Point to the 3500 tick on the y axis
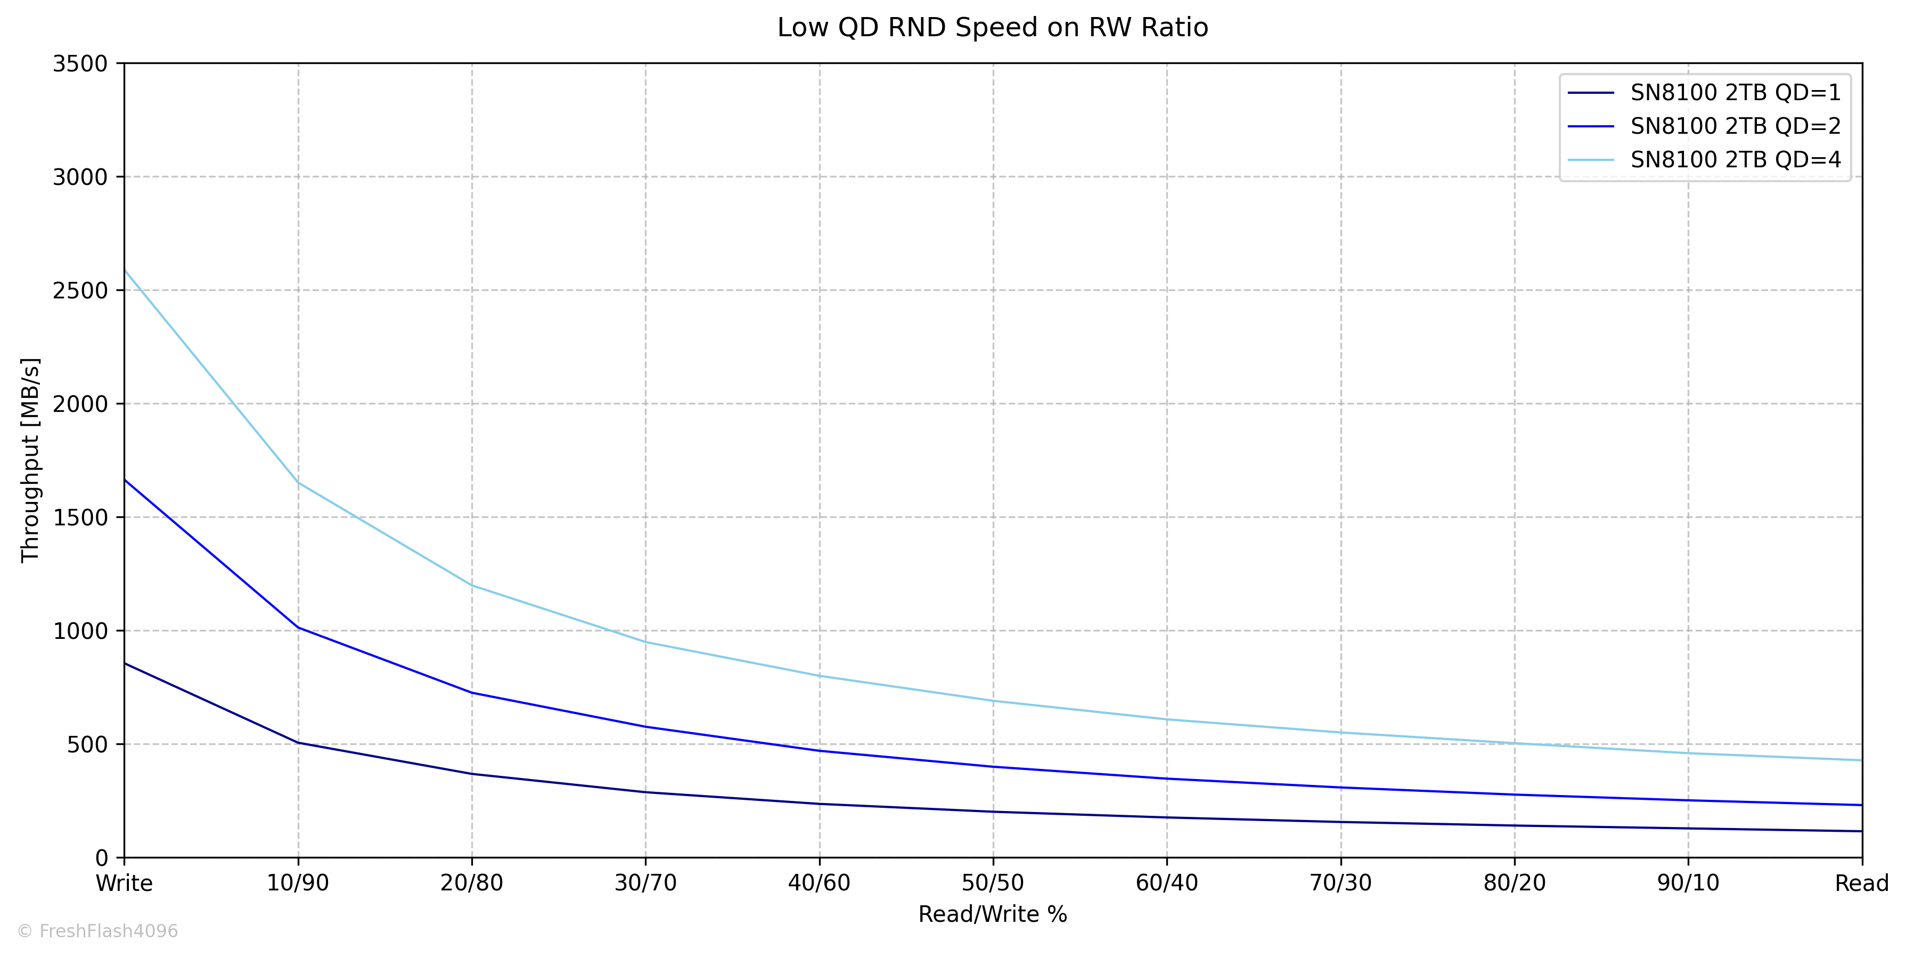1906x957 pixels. (x=80, y=63)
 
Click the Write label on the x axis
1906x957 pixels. (x=124, y=883)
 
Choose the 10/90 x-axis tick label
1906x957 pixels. (x=298, y=883)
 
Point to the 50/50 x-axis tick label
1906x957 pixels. (x=993, y=883)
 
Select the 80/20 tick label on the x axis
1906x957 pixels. (x=1515, y=883)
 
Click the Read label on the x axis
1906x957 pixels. (x=1862, y=883)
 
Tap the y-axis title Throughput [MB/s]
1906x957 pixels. (x=30, y=460)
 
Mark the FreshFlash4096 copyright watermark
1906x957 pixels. (x=97, y=931)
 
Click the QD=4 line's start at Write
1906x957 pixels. (x=124, y=270)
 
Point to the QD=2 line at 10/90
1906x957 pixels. (x=298, y=628)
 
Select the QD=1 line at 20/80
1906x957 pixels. (x=472, y=774)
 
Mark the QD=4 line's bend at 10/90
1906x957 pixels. (x=298, y=483)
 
